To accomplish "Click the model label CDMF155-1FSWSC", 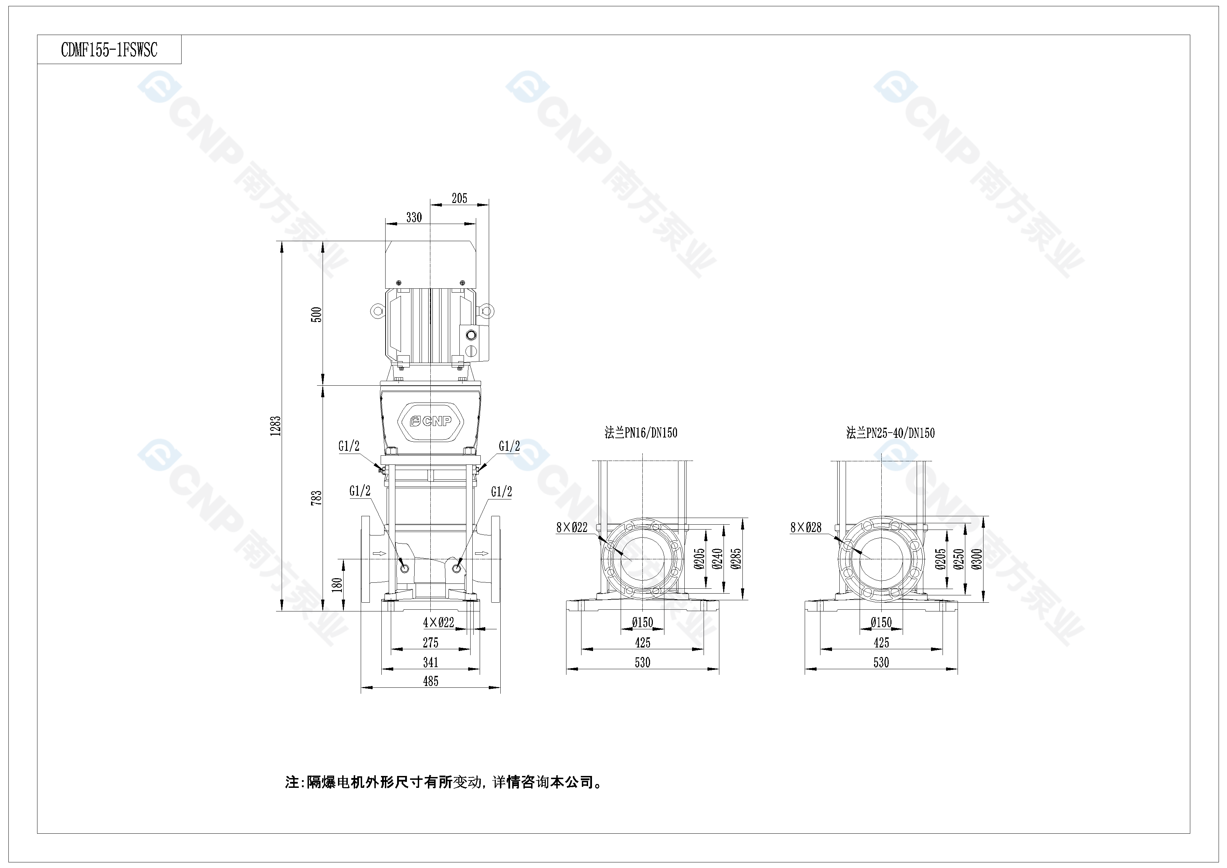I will point(109,50).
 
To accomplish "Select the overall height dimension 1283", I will point(276,426).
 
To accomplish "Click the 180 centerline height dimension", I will point(337,585).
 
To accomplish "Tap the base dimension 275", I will point(431,643).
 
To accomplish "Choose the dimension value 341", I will point(431,662).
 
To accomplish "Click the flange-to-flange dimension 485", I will point(431,681).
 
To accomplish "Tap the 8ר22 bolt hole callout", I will point(572,527).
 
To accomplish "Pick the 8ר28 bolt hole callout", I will point(806,527).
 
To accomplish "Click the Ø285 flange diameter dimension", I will point(736,559).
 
